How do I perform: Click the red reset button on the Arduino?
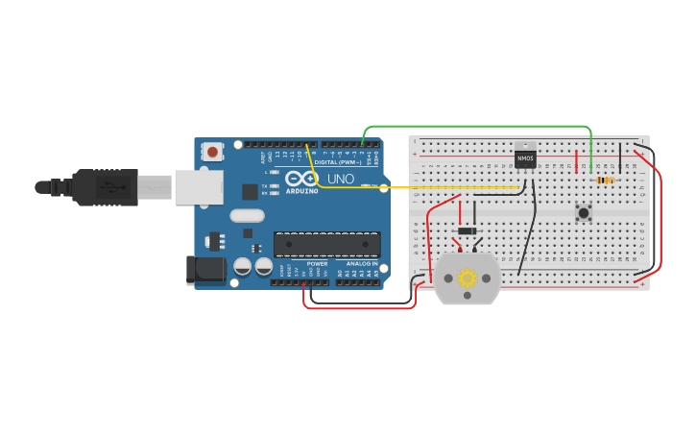[x=212, y=151]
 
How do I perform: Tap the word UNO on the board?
[x=341, y=179]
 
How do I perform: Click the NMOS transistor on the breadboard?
[x=525, y=157]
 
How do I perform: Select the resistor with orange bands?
[x=605, y=180]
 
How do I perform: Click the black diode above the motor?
[x=468, y=230]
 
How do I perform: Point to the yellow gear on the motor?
[x=468, y=278]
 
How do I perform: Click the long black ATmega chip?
[x=326, y=244]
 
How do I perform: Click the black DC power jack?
[x=205, y=270]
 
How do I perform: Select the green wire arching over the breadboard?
[x=480, y=126]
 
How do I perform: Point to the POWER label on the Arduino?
[x=317, y=263]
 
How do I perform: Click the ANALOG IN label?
[x=362, y=263]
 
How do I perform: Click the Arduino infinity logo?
[x=300, y=179]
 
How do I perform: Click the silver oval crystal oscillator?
[x=247, y=216]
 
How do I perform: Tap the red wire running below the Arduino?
[x=360, y=307]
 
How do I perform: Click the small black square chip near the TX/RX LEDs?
[x=250, y=191]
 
